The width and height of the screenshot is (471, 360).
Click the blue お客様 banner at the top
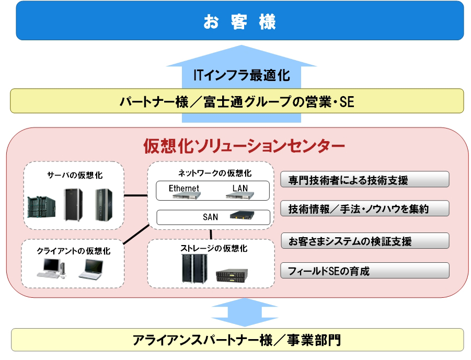(x=239, y=21)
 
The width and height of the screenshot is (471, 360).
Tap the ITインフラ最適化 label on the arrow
(x=241, y=75)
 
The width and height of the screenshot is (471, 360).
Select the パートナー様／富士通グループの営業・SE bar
(x=237, y=101)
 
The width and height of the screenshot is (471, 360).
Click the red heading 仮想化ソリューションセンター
(x=244, y=146)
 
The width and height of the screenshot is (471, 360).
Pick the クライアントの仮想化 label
(x=73, y=251)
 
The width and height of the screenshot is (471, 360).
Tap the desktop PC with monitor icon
(x=51, y=269)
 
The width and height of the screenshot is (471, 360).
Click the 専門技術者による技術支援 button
(x=364, y=180)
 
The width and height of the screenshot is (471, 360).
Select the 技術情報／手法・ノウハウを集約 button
(x=364, y=208)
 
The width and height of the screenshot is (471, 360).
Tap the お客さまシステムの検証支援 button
(x=364, y=241)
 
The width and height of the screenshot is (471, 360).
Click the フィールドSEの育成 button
(x=364, y=271)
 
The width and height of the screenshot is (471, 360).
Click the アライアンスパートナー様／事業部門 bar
(x=237, y=340)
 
